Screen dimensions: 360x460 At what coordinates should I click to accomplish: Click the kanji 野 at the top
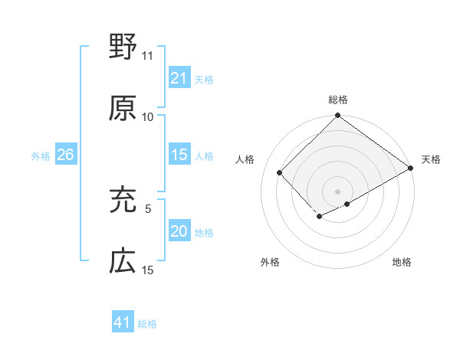tap(123, 47)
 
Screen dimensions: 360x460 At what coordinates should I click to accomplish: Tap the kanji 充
tap(123, 201)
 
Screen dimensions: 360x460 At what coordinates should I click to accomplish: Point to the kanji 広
tap(123, 262)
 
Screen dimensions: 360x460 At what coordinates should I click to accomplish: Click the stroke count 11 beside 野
tap(148, 56)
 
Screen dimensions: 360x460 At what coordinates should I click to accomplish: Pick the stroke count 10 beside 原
tap(148, 116)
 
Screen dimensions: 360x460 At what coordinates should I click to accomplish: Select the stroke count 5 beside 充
tap(149, 208)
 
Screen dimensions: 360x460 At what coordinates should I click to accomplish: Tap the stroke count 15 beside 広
tap(148, 270)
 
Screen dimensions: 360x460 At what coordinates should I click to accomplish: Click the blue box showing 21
tap(179, 78)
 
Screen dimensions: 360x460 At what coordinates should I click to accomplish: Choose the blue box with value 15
tap(179, 155)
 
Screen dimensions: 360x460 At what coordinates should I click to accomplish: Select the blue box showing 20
tap(179, 232)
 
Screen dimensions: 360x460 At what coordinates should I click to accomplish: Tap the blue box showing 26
tap(65, 155)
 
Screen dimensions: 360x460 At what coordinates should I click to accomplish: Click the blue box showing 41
tap(123, 323)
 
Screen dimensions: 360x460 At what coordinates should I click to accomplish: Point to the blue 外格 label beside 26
tap(41, 156)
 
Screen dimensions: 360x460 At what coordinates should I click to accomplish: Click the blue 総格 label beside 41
tap(147, 324)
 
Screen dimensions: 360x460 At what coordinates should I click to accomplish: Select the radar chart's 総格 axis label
tap(337, 100)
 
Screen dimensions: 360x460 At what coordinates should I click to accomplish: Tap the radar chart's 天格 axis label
tap(431, 159)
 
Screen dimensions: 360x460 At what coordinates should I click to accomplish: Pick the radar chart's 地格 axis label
tap(402, 262)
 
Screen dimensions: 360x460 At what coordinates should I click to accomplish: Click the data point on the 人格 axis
tap(280, 172)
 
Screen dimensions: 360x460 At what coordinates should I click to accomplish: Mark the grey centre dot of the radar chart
tap(337, 191)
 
